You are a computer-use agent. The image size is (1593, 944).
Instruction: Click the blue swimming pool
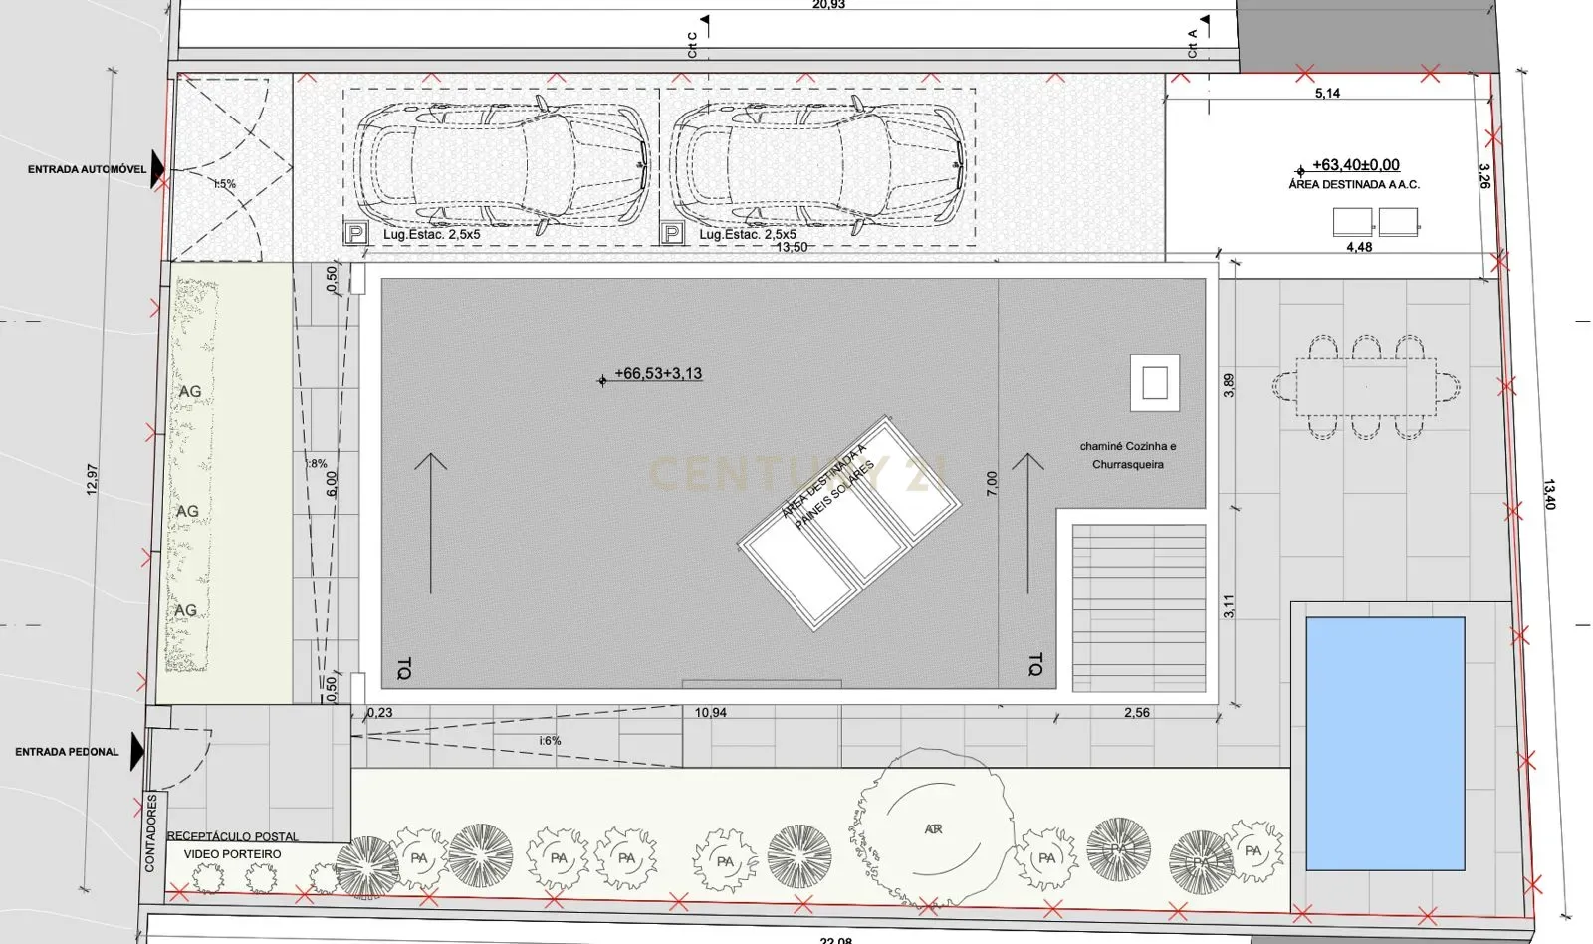[x=1384, y=743]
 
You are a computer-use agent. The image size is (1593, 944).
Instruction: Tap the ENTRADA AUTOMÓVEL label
[x=87, y=170]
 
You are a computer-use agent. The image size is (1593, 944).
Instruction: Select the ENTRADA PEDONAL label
[x=67, y=752]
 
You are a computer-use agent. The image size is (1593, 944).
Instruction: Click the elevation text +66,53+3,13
[x=657, y=374]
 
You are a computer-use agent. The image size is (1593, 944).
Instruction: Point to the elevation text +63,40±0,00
[x=1355, y=165]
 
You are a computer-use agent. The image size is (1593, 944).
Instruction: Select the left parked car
[x=501, y=163]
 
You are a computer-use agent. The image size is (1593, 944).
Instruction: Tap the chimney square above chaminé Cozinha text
[x=1155, y=383]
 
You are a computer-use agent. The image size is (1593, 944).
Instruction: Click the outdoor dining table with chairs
[x=1366, y=386]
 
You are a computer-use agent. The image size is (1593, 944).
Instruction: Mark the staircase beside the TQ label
[x=1138, y=607]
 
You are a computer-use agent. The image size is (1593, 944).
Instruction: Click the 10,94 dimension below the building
[x=710, y=713]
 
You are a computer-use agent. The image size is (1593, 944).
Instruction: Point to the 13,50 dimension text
[x=792, y=247]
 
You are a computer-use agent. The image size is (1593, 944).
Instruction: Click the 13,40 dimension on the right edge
[x=1549, y=494]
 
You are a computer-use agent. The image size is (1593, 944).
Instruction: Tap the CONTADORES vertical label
[x=151, y=832]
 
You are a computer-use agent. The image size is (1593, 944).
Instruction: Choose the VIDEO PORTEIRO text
[x=232, y=854]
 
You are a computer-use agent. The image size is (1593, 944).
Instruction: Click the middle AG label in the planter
[x=187, y=511]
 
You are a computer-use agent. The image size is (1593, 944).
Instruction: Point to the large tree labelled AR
[x=932, y=828]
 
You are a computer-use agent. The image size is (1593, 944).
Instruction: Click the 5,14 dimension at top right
[x=1327, y=93]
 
